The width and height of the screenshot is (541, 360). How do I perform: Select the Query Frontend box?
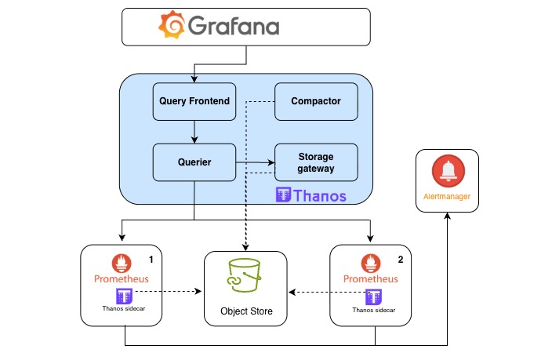click(x=194, y=101)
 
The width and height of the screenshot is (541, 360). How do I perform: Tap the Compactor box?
click(x=315, y=101)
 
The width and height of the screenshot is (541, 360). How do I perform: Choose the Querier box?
click(x=194, y=162)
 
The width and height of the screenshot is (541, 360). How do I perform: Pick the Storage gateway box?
click(x=316, y=162)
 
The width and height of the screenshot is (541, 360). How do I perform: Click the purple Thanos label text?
click(x=320, y=195)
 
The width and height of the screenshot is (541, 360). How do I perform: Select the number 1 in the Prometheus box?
click(x=151, y=258)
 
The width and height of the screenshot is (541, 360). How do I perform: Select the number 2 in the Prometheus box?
click(x=400, y=258)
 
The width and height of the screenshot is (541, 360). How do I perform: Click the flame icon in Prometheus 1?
click(x=122, y=262)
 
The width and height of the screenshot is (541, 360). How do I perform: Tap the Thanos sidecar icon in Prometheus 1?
click(x=122, y=295)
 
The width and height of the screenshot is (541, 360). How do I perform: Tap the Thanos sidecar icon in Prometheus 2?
click(x=373, y=296)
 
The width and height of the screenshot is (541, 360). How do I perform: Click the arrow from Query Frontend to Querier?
click(x=194, y=132)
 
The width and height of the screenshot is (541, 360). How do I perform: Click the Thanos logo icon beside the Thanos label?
click(x=284, y=195)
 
